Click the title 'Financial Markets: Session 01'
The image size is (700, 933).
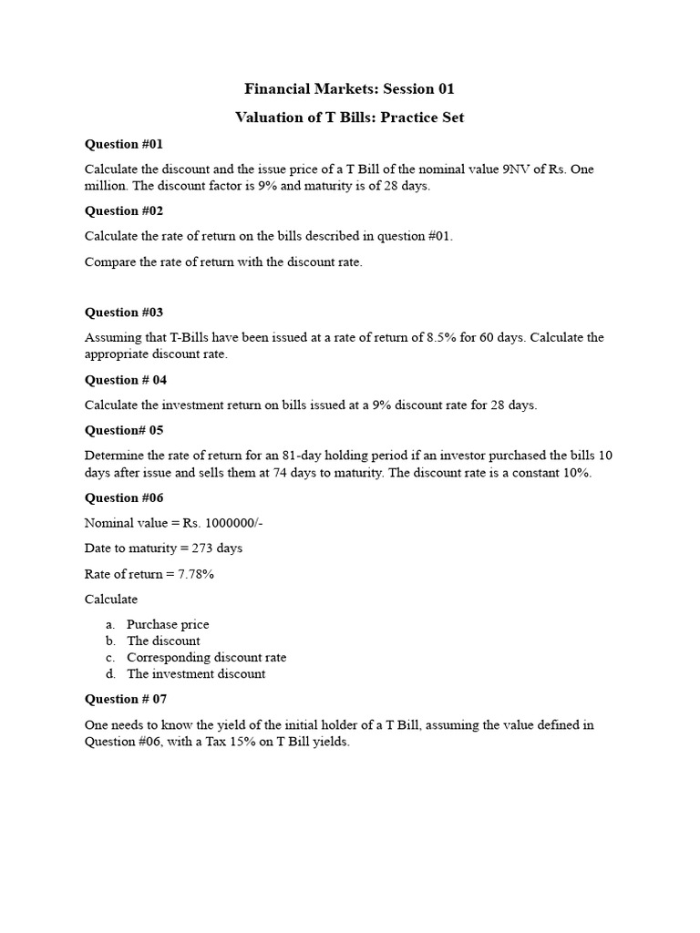click(x=349, y=88)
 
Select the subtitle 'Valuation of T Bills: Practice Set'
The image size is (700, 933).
click(x=349, y=118)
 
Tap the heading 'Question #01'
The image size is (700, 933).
click(x=124, y=144)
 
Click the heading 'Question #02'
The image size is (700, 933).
click(x=124, y=210)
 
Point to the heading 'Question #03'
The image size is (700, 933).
click(x=124, y=312)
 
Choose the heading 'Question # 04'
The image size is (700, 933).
click(x=126, y=379)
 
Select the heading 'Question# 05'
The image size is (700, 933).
click(x=124, y=429)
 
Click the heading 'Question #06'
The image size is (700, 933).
click(x=124, y=497)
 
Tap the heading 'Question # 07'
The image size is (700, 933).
click(x=126, y=699)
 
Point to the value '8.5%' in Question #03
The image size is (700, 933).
click(x=442, y=337)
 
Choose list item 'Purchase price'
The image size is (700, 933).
click(x=168, y=624)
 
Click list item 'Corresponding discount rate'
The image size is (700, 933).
click(x=206, y=657)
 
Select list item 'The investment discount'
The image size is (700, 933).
click(x=196, y=673)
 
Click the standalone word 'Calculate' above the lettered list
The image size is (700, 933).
click(x=111, y=599)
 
